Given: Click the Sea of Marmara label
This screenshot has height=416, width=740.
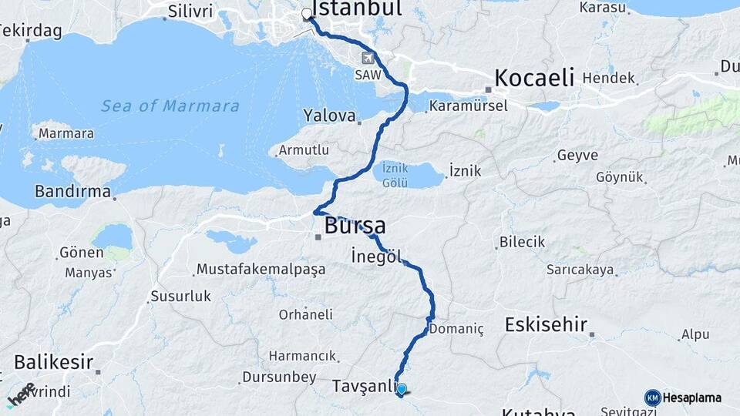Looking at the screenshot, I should pos(170,106).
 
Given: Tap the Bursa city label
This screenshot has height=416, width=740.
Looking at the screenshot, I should pos(355,226).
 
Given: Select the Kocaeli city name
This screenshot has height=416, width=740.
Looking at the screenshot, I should pos(534,78).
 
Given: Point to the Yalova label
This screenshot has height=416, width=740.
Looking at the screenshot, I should pos(329,116).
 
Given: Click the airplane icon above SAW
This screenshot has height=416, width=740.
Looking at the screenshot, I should pos(368,59).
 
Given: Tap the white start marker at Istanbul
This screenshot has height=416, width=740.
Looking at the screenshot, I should pos(307,14).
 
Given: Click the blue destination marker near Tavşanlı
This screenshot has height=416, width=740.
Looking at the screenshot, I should pos(402,389).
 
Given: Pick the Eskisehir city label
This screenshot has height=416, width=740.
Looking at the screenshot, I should pos(546,324).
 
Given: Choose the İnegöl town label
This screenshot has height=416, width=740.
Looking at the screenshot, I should pos(376,256).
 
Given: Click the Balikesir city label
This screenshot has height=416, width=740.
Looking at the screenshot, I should pos(53,361).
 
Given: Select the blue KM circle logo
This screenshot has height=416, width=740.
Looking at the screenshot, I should pos(652,398).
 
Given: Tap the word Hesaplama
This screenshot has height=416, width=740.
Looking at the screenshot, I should pos(691,398).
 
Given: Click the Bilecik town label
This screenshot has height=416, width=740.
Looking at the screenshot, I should pos(522,242).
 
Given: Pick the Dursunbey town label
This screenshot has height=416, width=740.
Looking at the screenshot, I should pos(279,377).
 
